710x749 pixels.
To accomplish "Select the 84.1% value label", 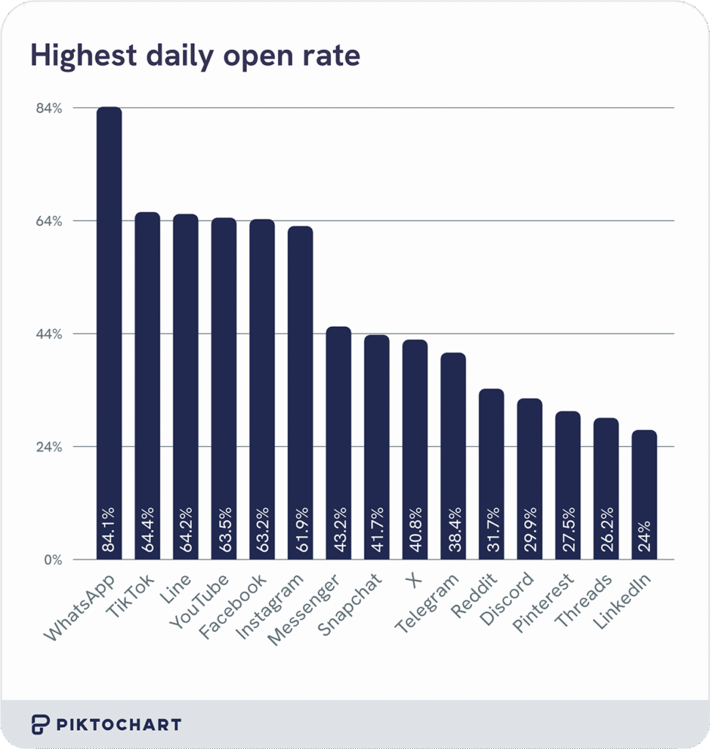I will pos(110,529).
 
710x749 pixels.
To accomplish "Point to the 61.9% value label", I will pos(301,529).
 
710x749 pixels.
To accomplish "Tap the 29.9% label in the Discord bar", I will pos(530,529).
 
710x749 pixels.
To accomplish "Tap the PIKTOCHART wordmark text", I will pos(119,725).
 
